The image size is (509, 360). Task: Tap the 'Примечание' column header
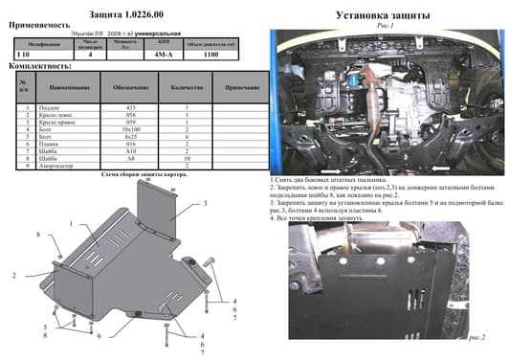coord(230,87)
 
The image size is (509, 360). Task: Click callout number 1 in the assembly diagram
coord(70,222)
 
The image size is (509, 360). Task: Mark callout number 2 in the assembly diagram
coord(14,275)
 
